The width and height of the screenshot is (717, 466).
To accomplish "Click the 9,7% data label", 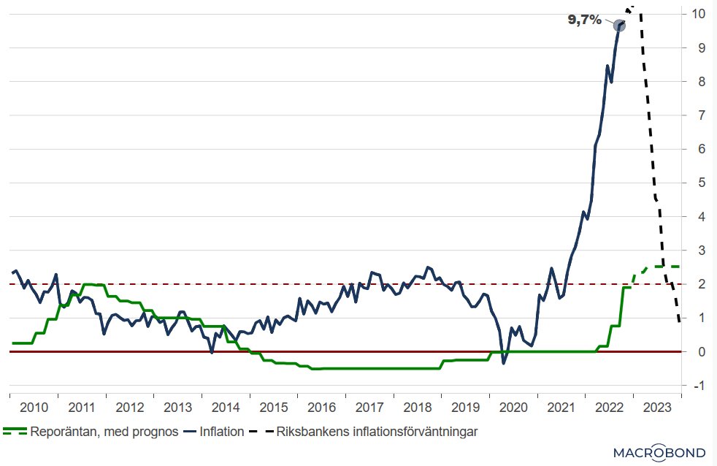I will point(585,20).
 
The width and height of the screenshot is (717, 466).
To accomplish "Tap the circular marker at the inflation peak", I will point(619,26).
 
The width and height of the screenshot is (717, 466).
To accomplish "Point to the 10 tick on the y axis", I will point(698,14).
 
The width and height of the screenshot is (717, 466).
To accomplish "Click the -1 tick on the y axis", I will point(698,385).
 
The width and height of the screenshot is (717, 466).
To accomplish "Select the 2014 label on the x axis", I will point(225,407).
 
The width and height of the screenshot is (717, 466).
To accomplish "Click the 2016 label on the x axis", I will point(321,407).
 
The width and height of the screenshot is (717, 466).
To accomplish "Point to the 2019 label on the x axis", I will point(465,407).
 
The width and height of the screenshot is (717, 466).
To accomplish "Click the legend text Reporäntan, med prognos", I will point(104,432).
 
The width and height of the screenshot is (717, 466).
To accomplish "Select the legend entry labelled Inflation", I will point(222,432).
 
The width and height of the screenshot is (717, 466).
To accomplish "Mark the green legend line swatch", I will point(15,432).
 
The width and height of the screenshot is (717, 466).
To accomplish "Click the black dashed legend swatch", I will point(262,432).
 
